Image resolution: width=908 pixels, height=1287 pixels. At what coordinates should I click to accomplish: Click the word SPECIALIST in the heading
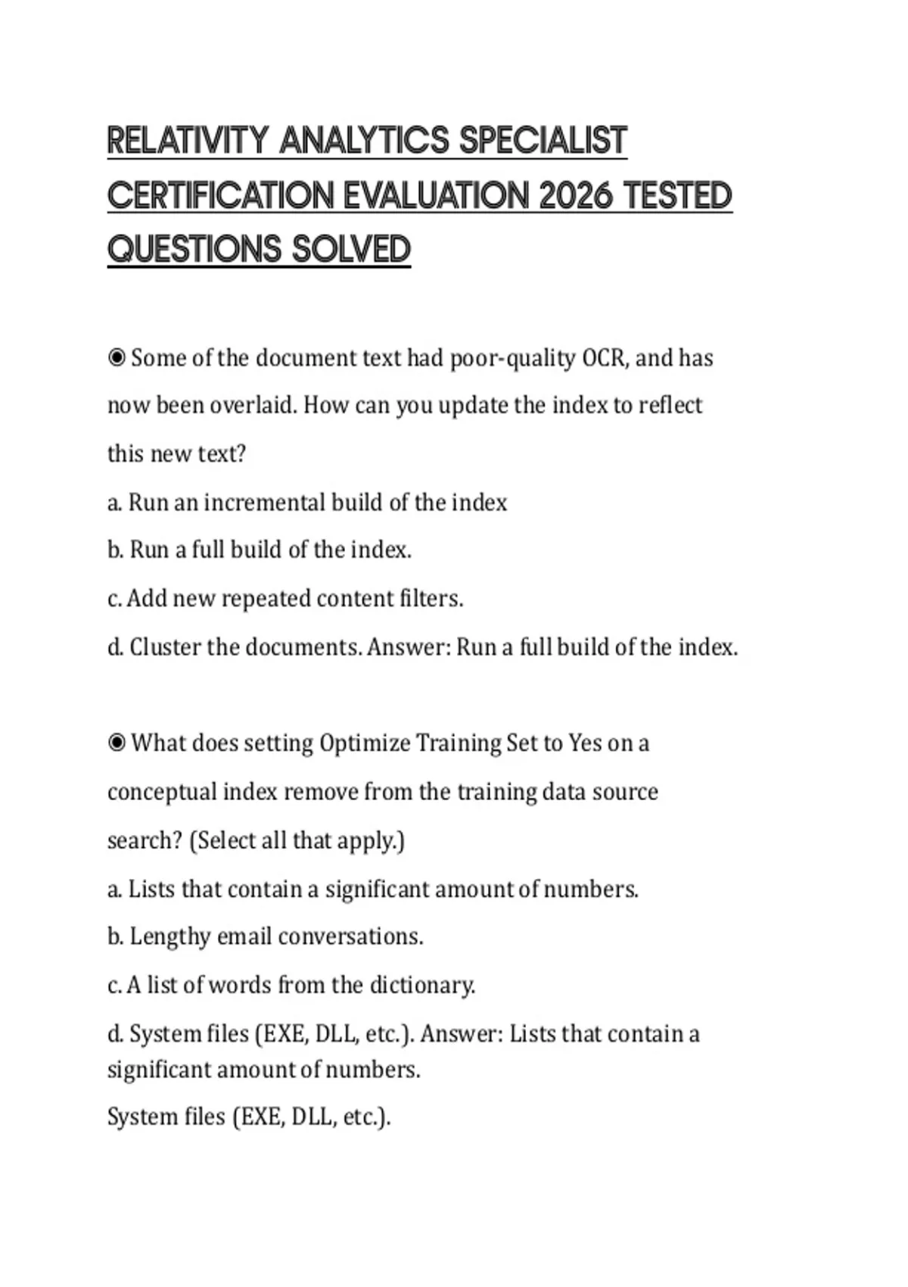coord(543,141)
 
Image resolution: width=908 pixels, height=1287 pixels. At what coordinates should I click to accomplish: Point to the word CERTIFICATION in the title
coord(220,195)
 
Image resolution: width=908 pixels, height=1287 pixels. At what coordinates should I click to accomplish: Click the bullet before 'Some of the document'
coord(117,357)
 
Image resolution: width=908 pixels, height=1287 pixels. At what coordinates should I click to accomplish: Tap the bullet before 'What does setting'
coord(117,743)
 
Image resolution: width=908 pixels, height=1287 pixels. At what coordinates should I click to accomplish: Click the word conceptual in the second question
coord(162,792)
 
